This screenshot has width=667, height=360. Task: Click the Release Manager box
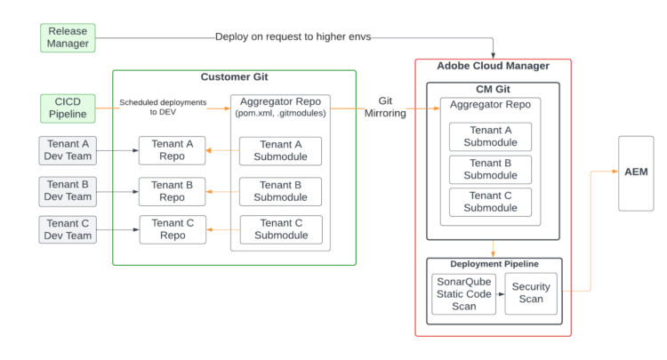(x=68, y=37)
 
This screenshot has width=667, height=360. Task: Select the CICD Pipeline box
(x=68, y=108)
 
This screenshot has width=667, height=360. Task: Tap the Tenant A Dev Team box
(x=68, y=150)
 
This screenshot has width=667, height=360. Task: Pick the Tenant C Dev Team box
(x=68, y=229)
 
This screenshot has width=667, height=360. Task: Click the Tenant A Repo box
(x=172, y=150)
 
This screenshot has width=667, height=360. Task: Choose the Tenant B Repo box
(x=172, y=190)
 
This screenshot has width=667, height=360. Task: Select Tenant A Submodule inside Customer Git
(x=280, y=150)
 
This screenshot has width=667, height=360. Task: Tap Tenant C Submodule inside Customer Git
(x=280, y=229)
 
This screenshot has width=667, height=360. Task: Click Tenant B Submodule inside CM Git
(x=490, y=169)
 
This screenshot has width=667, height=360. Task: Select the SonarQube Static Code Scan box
(x=462, y=293)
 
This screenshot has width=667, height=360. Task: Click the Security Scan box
(x=530, y=293)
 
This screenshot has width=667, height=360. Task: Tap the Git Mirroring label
(x=385, y=108)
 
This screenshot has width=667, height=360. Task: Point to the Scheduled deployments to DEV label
(x=163, y=108)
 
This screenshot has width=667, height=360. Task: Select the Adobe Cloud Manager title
(x=493, y=67)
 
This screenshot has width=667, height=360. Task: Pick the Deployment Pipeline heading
(x=493, y=264)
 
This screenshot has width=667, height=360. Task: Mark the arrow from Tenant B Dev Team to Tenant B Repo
(x=117, y=190)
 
